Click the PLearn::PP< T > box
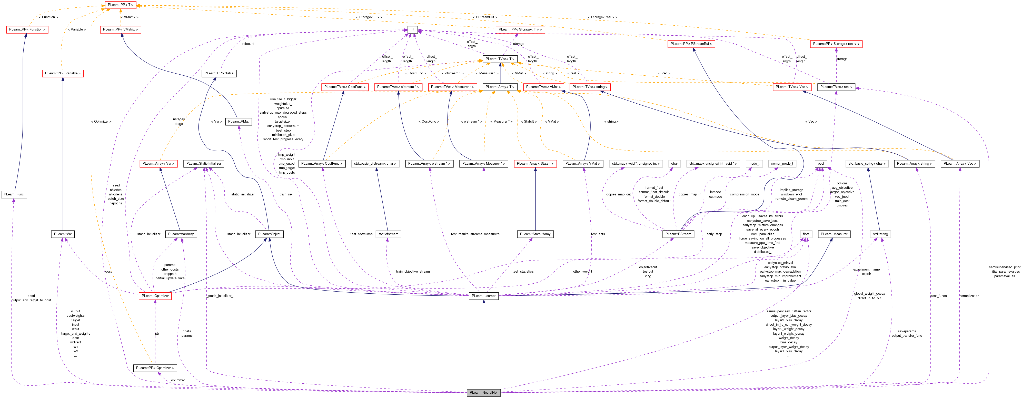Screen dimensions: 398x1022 point(121,5)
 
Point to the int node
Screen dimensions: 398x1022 point(412,29)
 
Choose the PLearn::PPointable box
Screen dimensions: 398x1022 point(219,73)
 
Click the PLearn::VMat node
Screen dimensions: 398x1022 point(239,121)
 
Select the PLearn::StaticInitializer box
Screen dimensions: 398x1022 point(204,164)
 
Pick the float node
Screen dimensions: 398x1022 point(806,234)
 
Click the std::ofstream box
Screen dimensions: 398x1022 point(388,234)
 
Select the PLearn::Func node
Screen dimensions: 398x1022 point(14,194)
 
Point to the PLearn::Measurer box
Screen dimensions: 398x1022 point(834,234)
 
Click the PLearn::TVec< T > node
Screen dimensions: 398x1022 point(500,59)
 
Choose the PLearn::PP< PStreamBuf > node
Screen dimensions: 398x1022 point(691,44)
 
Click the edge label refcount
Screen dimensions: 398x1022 point(248,44)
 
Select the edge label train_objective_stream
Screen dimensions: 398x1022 point(413,271)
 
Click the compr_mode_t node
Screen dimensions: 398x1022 point(782,164)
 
